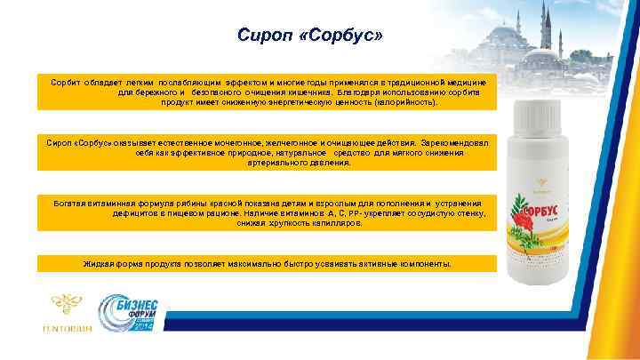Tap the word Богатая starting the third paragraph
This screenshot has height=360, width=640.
pos(74,203)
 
